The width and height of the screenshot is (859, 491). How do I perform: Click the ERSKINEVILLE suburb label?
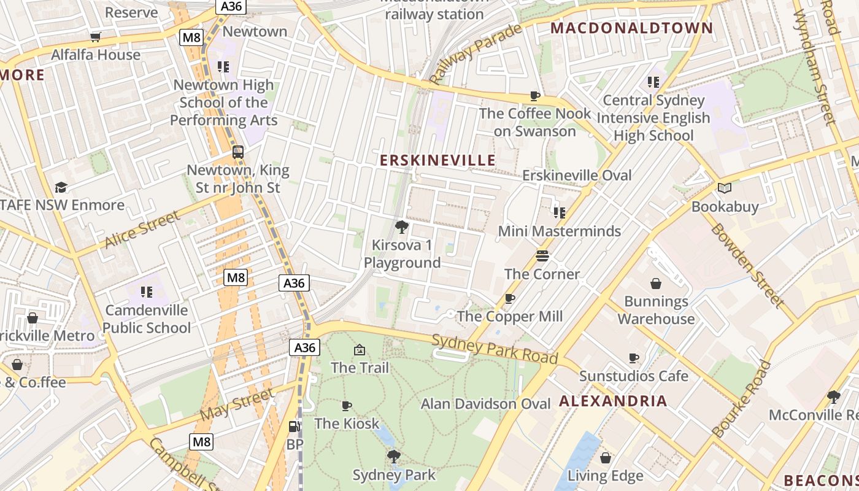[x=437, y=160]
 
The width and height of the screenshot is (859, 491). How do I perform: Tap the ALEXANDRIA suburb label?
[x=613, y=401]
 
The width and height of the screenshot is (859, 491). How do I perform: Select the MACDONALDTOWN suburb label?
[x=632, y=28]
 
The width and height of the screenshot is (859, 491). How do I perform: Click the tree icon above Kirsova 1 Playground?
[x=401, y=228]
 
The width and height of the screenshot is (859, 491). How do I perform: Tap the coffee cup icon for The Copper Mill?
[x=509, y=298]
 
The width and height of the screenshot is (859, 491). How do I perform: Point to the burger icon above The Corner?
[x=542, y=255]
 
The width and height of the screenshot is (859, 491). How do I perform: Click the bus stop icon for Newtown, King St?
[x=237, y=152]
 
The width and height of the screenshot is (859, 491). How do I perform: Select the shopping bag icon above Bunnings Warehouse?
[x=656, y=284]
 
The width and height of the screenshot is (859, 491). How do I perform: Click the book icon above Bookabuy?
[x=725, y=188]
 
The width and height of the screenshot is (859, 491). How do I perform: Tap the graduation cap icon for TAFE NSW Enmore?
[x=61, y=187]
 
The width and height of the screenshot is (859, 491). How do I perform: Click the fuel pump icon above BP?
[x=295, y=426]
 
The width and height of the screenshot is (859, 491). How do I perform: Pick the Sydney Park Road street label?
[x=495, y=349]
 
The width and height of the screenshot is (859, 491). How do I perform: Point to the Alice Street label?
[x=142, y=229]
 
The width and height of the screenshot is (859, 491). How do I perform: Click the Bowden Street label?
[x=747, y=265]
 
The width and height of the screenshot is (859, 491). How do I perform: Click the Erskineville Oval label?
[x=577, y=176]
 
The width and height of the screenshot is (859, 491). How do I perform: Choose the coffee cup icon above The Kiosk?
[x=347, y=406]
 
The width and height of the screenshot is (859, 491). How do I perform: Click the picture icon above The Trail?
[x=360, y=350]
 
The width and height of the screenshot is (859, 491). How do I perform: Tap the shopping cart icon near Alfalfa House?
[x=95, y=37]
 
